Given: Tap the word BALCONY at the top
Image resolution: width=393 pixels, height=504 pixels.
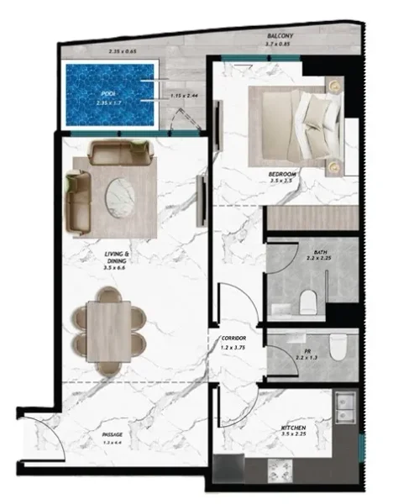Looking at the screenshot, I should (280, 37).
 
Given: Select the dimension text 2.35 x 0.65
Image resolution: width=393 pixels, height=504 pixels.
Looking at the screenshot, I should (124, 52).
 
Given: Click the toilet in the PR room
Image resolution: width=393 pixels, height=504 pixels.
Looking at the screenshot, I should (338, 344).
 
